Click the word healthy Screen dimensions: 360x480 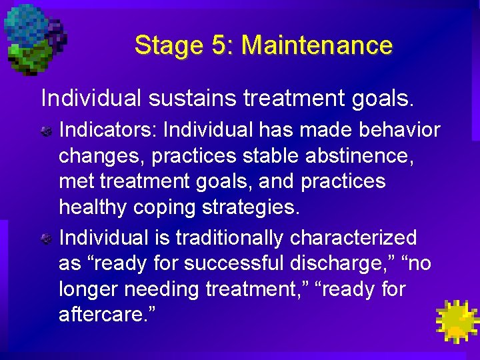coord(93,207)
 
